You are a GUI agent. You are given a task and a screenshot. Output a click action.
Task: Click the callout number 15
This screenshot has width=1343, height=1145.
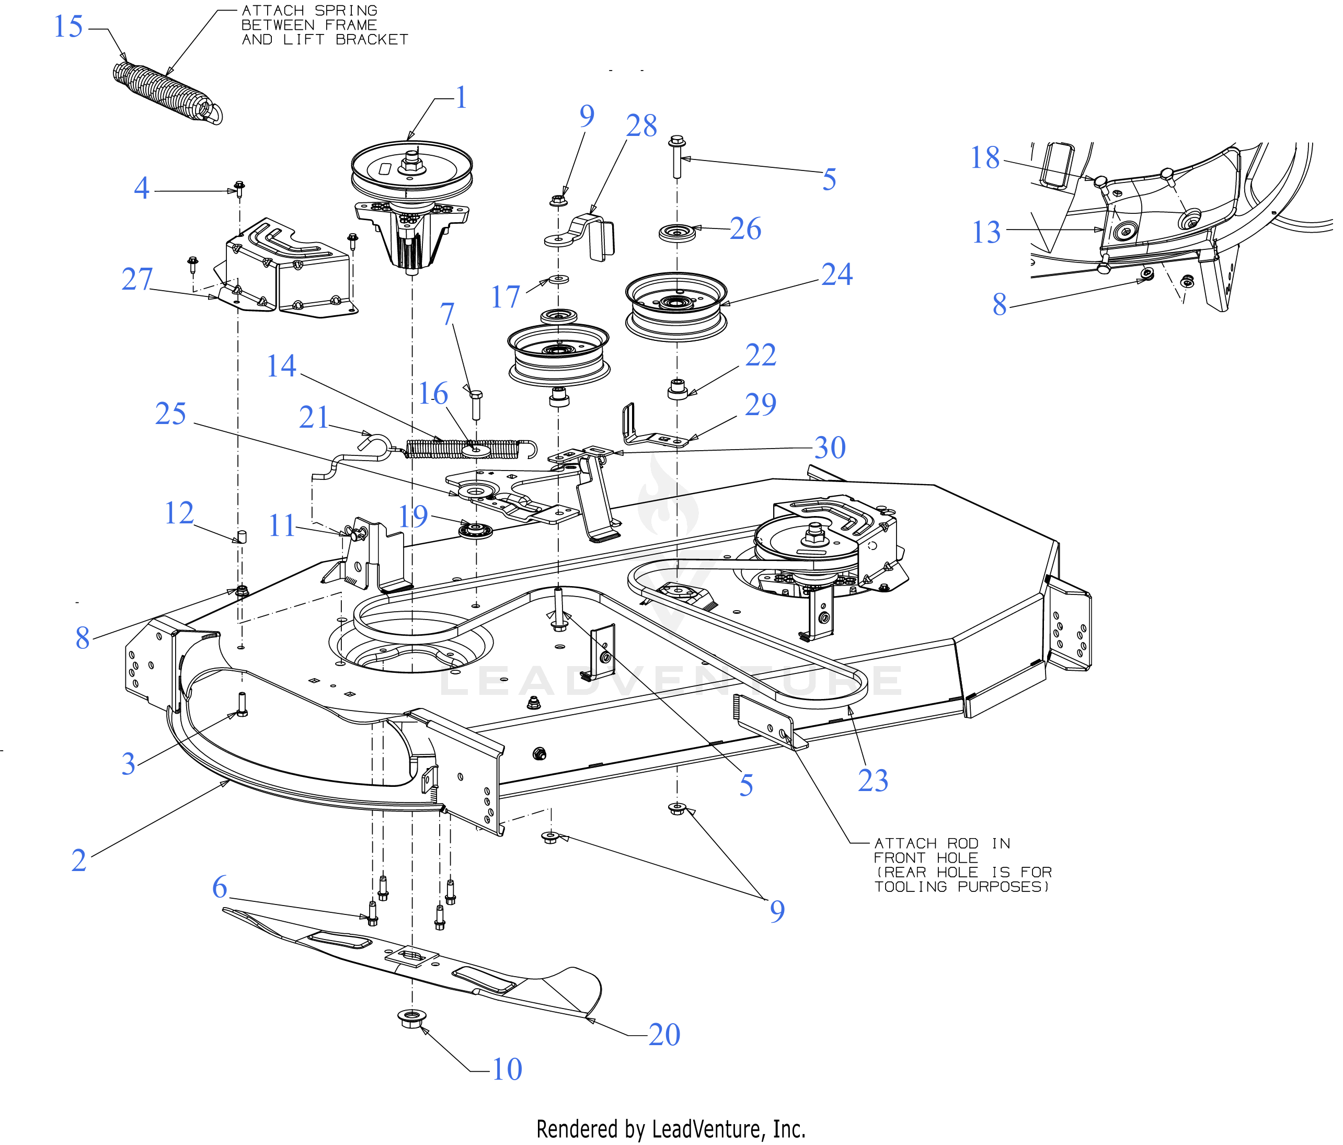pyautogui.click(x=68, y=27)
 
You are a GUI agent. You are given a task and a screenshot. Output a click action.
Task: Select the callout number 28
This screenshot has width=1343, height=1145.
pyautogui.click(x=641, y=126)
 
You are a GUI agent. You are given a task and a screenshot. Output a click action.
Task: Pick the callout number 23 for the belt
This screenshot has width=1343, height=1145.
pyautogui.click(x=873, y=780)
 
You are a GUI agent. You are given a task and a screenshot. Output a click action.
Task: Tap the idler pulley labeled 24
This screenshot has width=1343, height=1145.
pyautogui.click(x=676, y=305)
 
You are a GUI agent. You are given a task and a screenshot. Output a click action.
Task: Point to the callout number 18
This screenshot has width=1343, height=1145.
pyautogui.click(x=984, y=157)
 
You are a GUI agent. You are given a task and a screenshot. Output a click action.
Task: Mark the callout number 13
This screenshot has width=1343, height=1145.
pyautogui.click(x=986, y=232)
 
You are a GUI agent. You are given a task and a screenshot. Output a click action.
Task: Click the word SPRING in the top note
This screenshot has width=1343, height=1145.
pyautogui.click(x=346, y=11)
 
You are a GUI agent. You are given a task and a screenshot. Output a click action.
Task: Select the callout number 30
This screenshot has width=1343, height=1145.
pyautogui.click(x=830, y=448)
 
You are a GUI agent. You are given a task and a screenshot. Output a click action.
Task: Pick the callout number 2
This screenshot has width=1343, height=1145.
pyautogui.click(x=78, y=861)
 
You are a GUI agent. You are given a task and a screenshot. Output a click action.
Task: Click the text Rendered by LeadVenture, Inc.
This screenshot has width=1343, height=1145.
pyautogui.click(x=671, y=1129)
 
